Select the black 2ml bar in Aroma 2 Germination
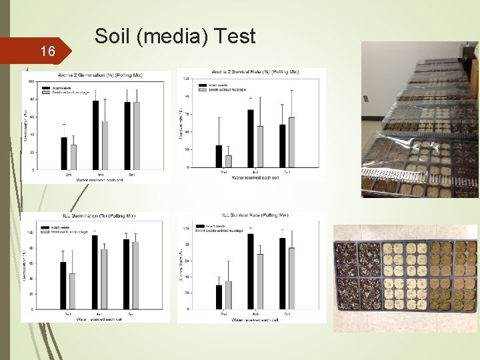click(64, 153)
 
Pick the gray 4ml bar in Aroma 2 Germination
click(105, 145)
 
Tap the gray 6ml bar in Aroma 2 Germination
click(136, 136)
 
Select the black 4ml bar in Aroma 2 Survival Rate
click(250, 138)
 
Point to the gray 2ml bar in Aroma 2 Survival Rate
click(229, 161)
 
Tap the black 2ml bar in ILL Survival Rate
click(219, 297)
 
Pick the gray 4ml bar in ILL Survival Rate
click(260, 281)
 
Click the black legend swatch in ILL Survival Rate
click(201, 226)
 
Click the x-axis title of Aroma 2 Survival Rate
click(255, 176)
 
